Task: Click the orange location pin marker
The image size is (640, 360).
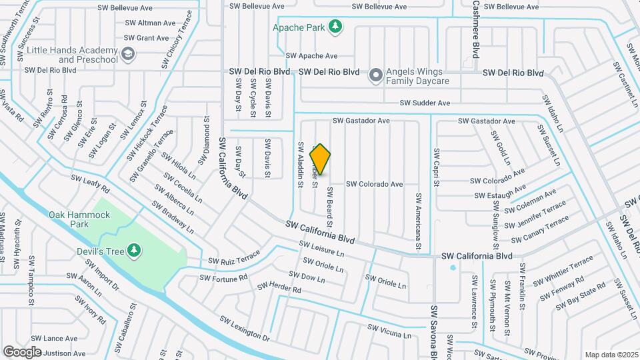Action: (320, 159)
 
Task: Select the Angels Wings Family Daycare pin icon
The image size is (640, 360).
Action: (375, 76)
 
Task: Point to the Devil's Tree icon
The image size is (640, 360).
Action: (135, 250)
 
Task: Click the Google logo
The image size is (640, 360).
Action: (22, 351)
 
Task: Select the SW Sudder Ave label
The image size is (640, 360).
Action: (425, 103)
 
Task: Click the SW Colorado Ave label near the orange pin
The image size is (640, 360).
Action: (374, 184)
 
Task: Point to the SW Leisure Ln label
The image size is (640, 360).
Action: (323, 249)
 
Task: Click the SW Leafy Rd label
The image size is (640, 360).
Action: (90, 183)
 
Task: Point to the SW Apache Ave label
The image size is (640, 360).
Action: (311, 56)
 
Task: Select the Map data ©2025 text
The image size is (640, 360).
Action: (611, 355)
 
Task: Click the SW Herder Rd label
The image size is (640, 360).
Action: (279, 289)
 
